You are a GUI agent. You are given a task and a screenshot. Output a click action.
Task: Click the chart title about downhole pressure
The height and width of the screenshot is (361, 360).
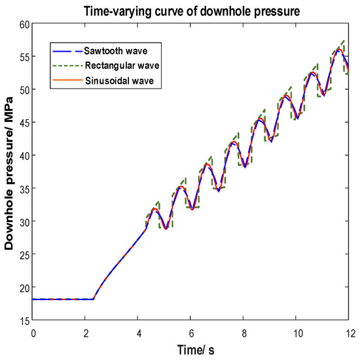pos(190,10)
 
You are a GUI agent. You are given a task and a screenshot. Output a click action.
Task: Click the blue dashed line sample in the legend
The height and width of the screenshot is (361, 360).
pos(65,50)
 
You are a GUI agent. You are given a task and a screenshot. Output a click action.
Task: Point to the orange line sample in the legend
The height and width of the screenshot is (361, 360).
pos(65,82)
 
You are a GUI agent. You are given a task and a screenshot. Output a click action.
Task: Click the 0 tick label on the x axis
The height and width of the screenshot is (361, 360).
pos(33,332)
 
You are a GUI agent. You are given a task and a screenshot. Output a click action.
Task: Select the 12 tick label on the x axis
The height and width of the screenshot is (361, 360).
pos(348,332)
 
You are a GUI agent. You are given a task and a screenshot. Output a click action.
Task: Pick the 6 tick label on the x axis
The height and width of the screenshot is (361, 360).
pos(190,332)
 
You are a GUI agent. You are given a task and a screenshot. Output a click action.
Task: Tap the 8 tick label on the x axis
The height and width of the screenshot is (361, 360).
pos(243,332)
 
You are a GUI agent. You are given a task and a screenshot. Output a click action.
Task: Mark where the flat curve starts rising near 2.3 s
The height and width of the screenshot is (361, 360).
pos(94,299)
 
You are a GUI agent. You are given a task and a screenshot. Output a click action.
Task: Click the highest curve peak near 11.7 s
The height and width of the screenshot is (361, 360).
pos(339,50)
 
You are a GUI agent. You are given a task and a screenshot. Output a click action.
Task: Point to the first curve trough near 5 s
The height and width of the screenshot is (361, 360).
pos(166,229)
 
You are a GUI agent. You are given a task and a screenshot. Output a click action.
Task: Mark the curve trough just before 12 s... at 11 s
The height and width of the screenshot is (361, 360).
pos(323,96)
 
